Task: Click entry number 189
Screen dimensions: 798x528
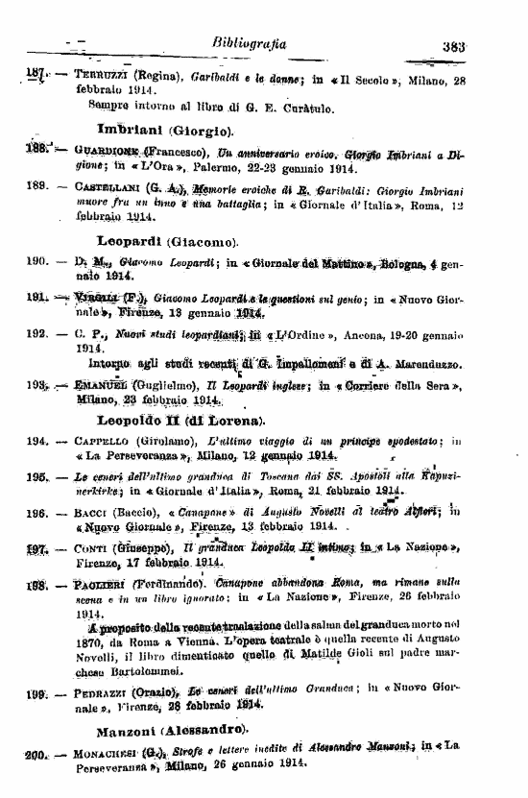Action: pos(36,189)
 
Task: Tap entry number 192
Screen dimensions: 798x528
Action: pos(36,334)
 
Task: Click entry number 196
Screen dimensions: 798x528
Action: pos(36,513)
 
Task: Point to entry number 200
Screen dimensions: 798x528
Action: pos(36,756)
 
